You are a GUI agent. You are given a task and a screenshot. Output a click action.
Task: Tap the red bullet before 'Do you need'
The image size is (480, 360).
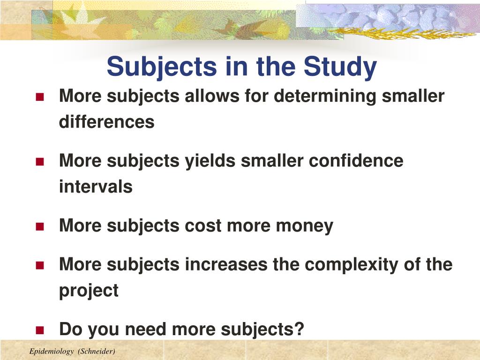(x=40, y=330)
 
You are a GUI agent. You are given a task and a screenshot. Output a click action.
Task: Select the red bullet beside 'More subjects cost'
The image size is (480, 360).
(x=40, y=226)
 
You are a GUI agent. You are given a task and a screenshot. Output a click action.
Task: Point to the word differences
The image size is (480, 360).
(x=106, y=122)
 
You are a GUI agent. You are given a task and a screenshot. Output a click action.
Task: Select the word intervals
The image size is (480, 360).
(x=96, y=187)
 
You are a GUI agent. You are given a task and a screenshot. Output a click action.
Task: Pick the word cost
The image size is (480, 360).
(x=203, y=226)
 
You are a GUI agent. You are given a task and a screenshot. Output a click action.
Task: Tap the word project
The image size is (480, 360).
(x=89, y=291)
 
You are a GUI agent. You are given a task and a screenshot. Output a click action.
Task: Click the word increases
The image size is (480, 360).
(x=226, y=264)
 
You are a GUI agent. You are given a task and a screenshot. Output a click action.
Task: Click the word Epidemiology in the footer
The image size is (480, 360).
(x=52, y=352)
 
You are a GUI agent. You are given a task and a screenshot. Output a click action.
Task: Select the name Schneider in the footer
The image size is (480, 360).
(x=97, y=352)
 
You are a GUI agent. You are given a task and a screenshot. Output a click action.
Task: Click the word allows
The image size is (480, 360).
(x=212, y=96)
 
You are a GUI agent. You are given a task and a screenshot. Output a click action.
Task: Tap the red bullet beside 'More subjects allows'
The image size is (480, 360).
(x=40, y=97)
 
